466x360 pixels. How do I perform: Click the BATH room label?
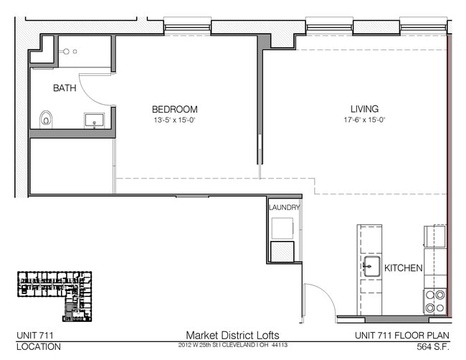click(66, 88)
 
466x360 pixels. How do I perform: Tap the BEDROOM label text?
click(174, 109)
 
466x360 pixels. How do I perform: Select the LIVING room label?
click(359, 109)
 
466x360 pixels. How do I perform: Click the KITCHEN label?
click(404, 267)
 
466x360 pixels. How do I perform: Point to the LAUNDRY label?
click(284, 208)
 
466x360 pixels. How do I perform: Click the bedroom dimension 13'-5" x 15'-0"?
click(174, 120)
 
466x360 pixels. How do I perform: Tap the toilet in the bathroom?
click(47, 118)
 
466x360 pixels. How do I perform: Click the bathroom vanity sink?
click(94, 119)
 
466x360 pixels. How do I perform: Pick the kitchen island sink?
click(371, 268)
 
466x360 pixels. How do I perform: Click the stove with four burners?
click(435, 301)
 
